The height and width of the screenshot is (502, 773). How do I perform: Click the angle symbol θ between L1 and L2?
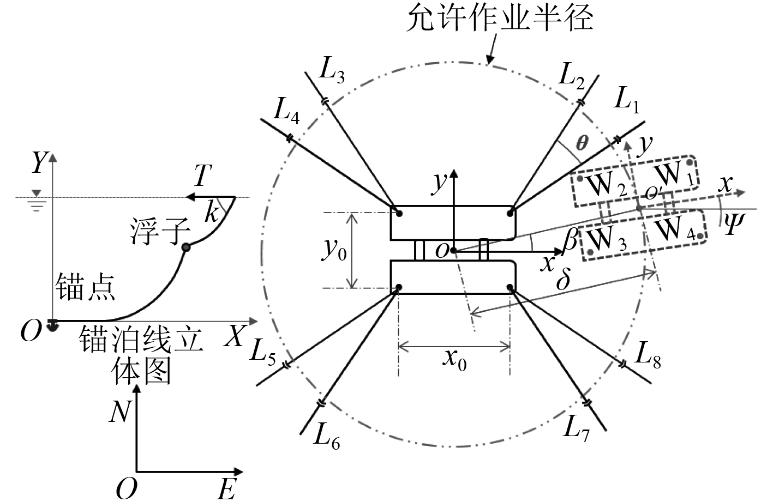tap(583, 143)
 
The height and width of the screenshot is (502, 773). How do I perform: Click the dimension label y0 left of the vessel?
tap(334, 250)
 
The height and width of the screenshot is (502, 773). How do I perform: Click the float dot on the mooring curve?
tap(187, 247)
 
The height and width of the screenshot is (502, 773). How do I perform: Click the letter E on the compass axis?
tap(227, 489)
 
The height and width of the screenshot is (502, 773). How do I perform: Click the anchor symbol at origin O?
tap(52, 325)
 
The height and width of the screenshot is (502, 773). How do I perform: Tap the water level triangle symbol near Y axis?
tap(36, 192)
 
